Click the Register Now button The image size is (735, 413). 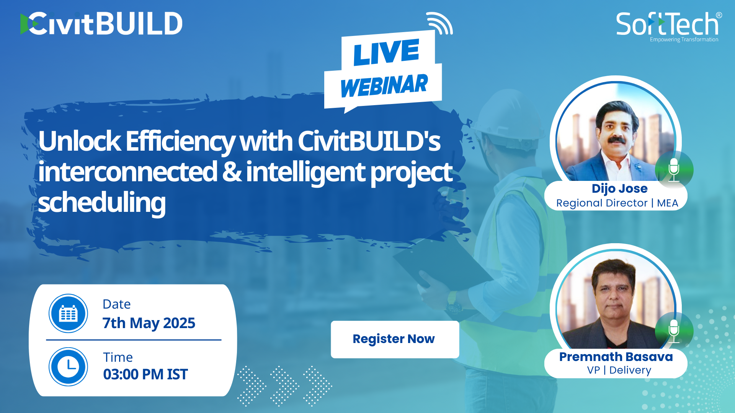click(x=395, y=339)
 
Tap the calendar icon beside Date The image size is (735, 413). click(x=68, y=313)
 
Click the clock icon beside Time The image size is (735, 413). click(x=68, y=366)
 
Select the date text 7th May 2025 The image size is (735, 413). click(x=149, y=323)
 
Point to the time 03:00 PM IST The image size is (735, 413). click(x=145, y=374)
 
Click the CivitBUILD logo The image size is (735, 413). click(x=101, y=23)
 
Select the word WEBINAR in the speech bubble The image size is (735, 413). click(x=384, y=86)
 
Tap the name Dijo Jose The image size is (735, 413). click(x=619, y=189)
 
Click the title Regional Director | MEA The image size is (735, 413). click(x=617, y=203)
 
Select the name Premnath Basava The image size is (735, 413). click(x=616, y=356)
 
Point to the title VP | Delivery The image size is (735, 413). click(x=619, y=370)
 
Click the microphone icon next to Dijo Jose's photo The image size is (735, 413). click(x=674, y=170)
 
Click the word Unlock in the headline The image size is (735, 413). click(x=80, y=141)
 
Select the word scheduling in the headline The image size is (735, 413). click(x=102, y=203)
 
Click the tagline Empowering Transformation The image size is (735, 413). click(x=684, y=40)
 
